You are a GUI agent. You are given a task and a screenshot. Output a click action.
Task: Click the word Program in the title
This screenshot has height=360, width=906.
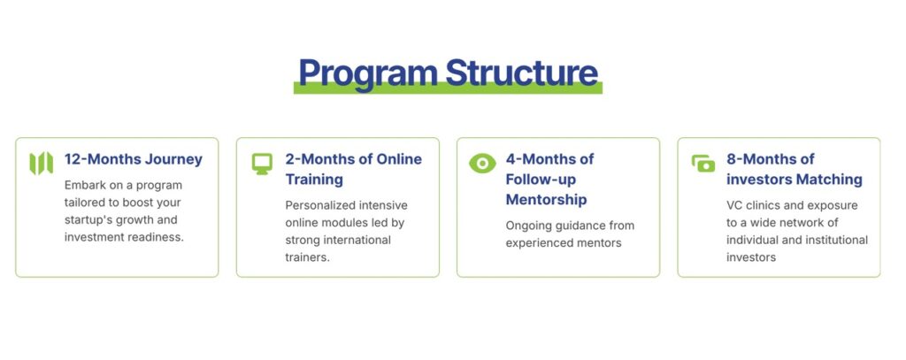[x=368, y=74]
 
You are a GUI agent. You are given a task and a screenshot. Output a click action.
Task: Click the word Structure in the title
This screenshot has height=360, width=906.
[x=522, y=73]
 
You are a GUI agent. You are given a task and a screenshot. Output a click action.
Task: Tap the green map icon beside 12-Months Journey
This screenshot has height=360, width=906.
[x=42, y=163]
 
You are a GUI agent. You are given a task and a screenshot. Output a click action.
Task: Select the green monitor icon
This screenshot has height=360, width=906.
[x=262, y=164]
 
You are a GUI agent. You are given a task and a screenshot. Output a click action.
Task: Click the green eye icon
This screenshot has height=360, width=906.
[x=482, y=164]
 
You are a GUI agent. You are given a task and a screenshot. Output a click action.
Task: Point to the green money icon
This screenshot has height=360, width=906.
[x=703, y=164]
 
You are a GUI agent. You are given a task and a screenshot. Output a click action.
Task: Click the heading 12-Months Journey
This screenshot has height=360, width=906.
[x=134, y=159]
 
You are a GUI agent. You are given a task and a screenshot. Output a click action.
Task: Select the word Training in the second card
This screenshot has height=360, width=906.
[x=314, y=180]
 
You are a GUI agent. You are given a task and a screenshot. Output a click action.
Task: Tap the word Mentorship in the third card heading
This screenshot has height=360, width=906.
[x=546, y=199]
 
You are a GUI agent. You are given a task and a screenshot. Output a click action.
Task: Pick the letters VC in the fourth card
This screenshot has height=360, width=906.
[x=733, y=205]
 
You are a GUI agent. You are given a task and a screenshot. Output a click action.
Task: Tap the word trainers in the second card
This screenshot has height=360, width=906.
[x=307, y=257]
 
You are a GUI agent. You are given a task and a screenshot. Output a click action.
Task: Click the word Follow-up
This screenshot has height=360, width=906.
[x=541, y=180]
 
